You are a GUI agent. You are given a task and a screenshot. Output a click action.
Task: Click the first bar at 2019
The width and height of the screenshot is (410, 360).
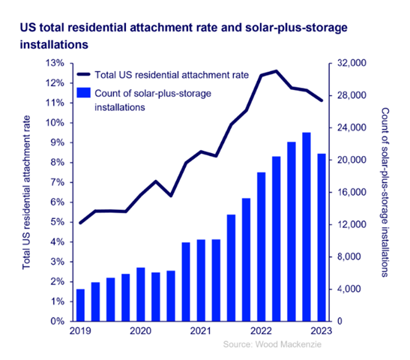pos(81,304)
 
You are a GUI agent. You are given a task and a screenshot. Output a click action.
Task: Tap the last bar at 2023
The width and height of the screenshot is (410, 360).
pos(322,237)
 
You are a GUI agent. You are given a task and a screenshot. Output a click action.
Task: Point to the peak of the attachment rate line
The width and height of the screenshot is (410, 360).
pos(277,71)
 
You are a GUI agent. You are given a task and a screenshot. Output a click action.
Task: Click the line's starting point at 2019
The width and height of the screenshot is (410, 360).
pos(81,223)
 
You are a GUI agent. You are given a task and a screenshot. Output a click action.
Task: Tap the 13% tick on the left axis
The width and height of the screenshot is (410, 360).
pos(55,64)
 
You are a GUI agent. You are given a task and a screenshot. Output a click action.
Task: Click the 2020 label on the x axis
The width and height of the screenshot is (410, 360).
pos(140,331)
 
